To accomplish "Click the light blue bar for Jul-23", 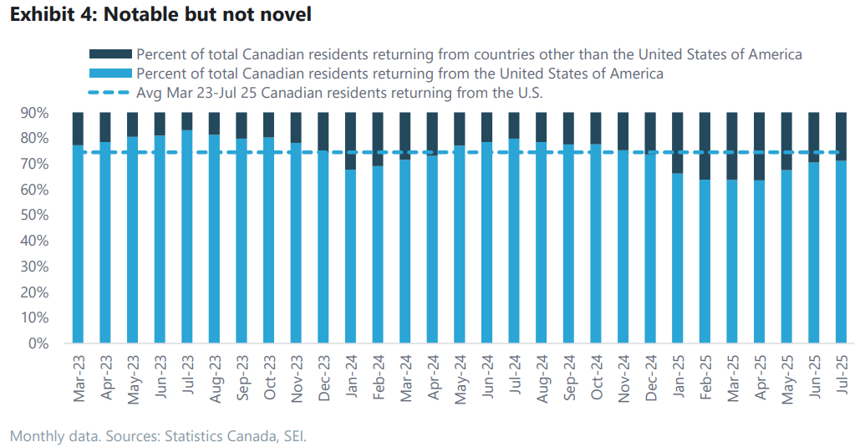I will click(x=188, y=238).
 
